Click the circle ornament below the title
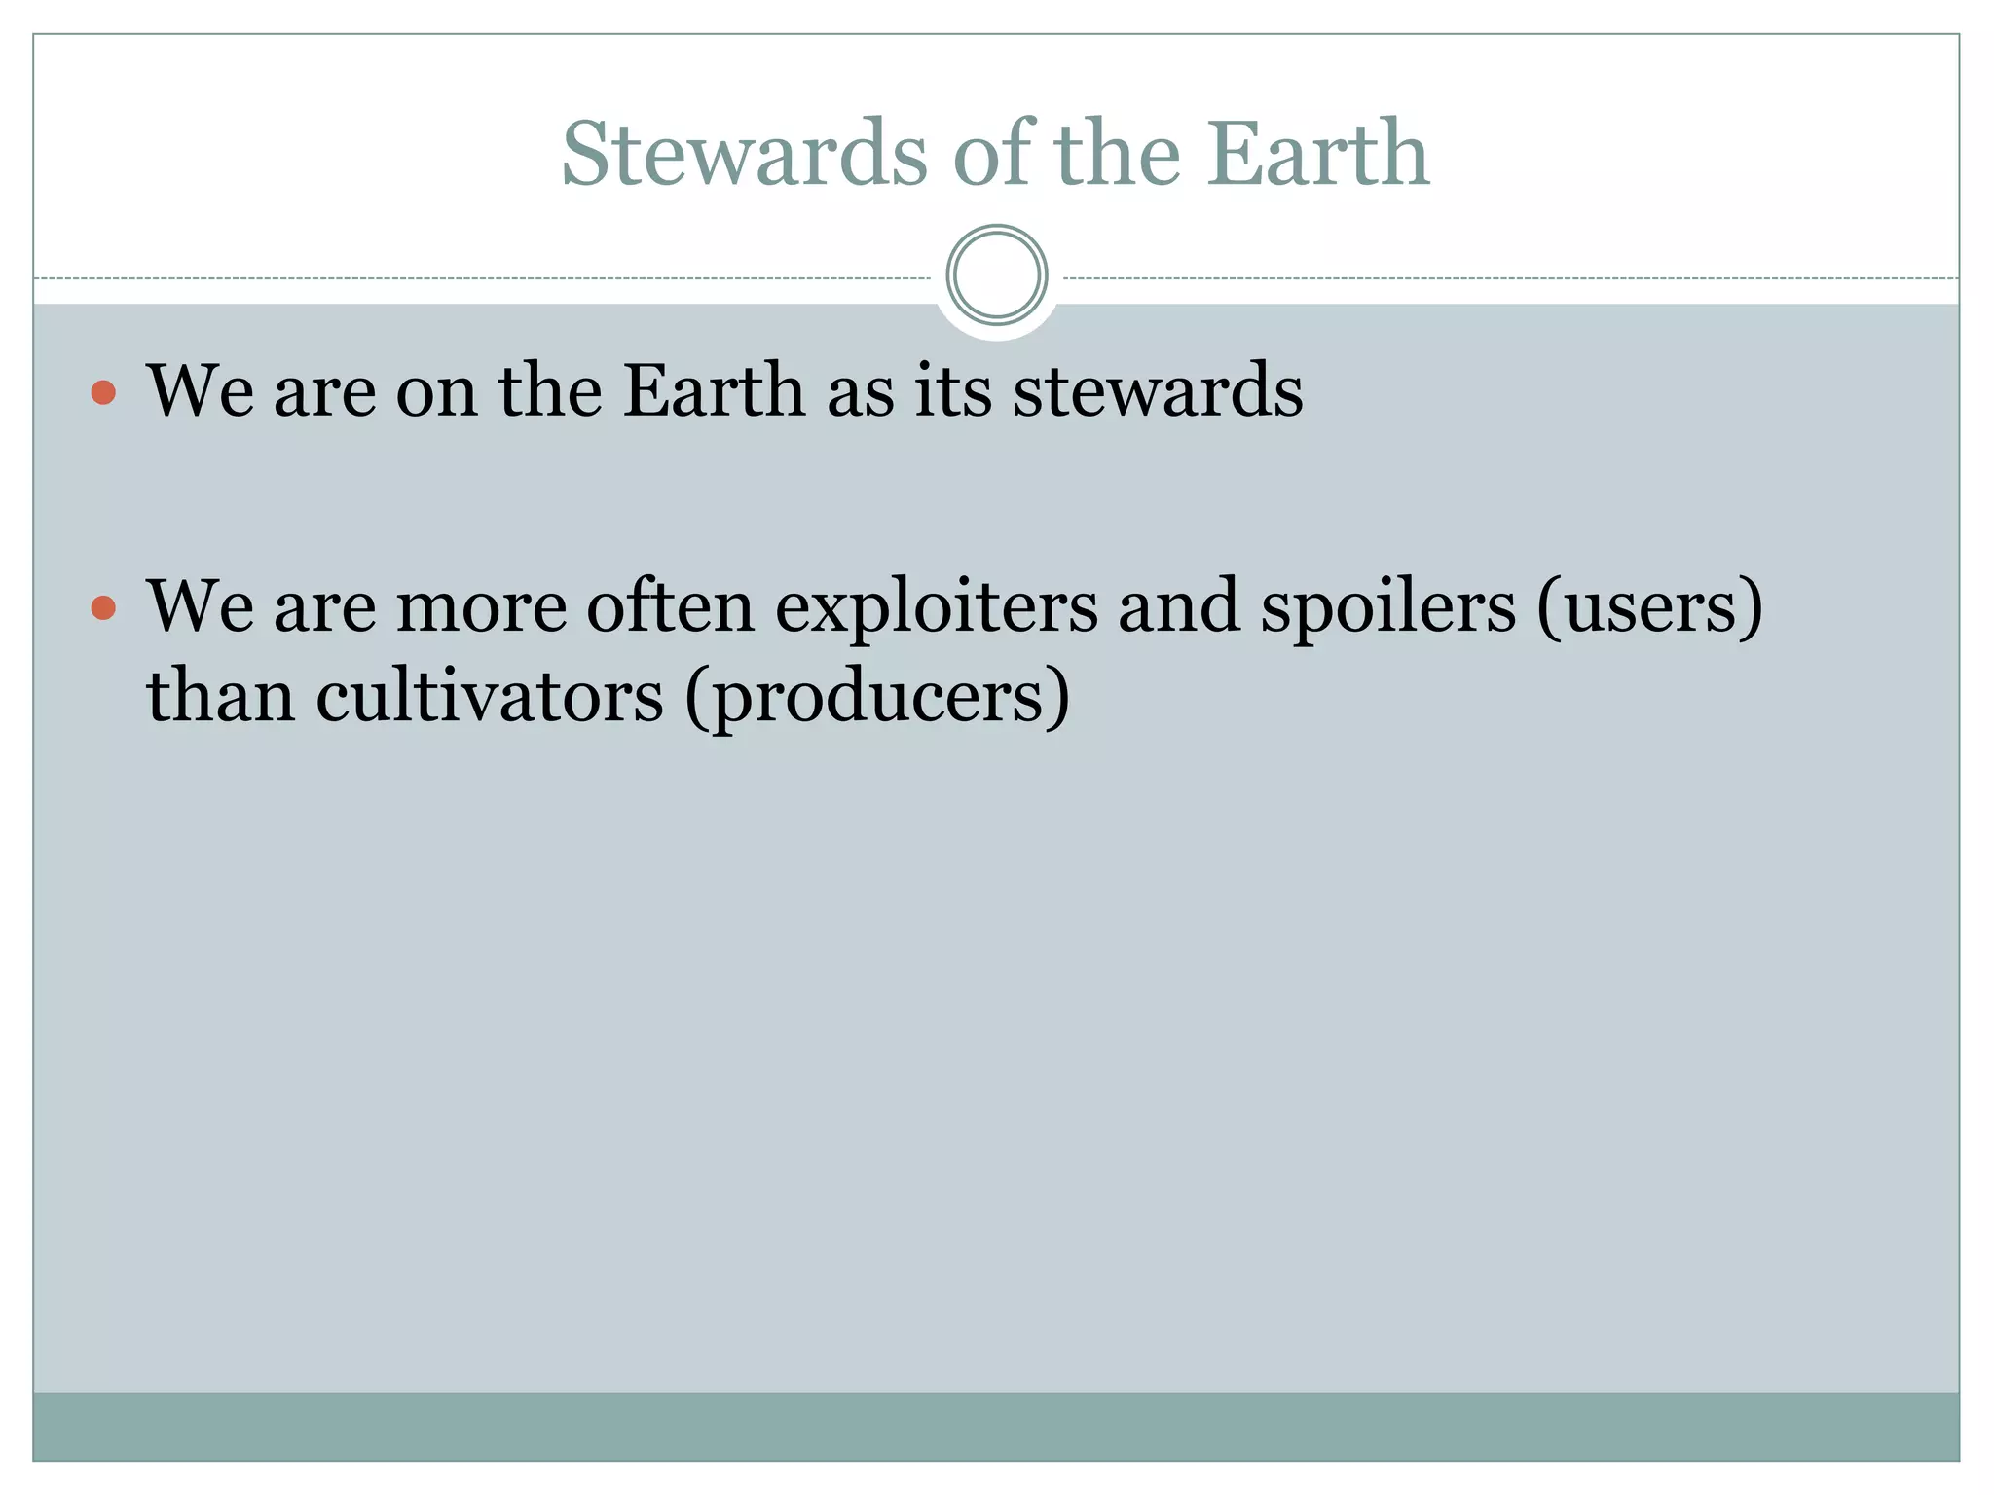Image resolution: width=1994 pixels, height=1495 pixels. [996, 275]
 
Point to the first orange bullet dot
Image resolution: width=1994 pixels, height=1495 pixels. [103, 393]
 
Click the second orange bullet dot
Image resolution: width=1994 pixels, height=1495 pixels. [103, 609]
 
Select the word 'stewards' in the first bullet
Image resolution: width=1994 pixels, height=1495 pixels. [1158, 390]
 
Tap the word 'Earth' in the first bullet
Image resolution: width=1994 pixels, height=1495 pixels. [714, 390]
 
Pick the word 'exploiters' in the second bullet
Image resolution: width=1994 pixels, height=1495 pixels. [935, 607]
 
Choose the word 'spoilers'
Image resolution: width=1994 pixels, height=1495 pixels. [1387, 607]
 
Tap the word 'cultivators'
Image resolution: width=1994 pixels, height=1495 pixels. [489, 697]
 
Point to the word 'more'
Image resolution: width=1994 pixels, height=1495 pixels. [481, 607]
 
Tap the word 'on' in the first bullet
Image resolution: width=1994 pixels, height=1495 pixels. [436, 392]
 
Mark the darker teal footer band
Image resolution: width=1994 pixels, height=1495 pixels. [996, 1426]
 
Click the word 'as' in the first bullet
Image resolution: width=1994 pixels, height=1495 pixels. [861, 392]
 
